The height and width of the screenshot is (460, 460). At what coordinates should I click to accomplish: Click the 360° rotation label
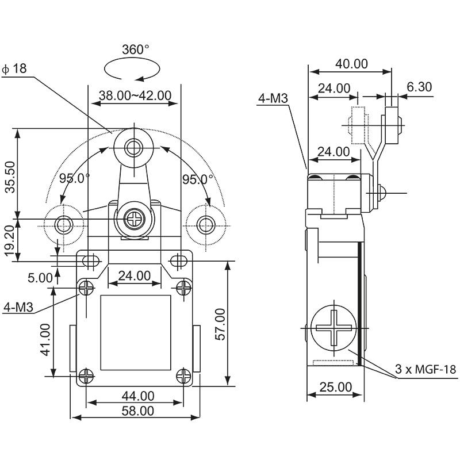(135, 50)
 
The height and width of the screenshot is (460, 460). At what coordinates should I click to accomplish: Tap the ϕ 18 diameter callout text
(15, 69)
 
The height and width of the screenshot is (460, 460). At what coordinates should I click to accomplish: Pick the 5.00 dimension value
(40, 278)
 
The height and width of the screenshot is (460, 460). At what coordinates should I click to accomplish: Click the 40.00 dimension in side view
(351, 64)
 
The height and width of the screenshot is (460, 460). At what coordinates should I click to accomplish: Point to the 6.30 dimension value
(419, 87)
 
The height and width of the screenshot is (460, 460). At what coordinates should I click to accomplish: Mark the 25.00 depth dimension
(335, 387)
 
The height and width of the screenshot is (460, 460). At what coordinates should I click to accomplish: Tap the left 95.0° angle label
(73, 178)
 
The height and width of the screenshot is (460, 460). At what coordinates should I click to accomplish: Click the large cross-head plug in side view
(332, 328)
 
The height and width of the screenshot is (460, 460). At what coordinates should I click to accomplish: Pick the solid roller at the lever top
(134, 147)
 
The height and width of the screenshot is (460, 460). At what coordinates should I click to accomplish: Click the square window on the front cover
(136, 332)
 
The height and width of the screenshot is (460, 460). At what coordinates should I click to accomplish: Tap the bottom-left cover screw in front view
(86, 375)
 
